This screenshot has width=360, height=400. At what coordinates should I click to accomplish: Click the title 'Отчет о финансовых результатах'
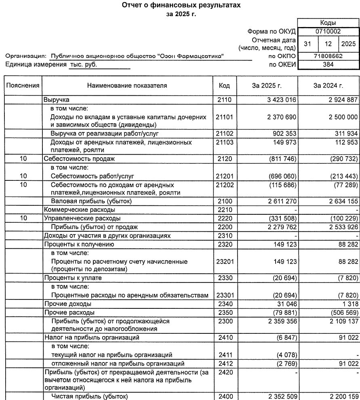[180, 6]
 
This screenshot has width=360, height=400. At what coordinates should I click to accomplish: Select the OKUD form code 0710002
[328, 31]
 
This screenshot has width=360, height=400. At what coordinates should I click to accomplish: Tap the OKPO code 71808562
[328, 56]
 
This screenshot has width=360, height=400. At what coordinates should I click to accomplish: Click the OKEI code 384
[328, 64]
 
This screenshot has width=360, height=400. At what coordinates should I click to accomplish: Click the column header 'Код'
[224, 86]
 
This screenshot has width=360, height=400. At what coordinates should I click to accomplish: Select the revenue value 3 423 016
[282, 99]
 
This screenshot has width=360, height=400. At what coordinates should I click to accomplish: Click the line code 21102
[224, 134]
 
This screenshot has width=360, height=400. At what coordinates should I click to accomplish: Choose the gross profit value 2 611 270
[282, 201]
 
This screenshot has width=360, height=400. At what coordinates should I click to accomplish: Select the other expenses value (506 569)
[343, 312]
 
